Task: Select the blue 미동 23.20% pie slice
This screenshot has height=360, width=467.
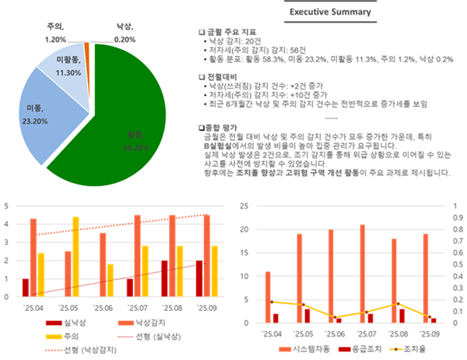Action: point(54,117)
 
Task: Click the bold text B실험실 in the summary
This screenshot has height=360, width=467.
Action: point(220,145)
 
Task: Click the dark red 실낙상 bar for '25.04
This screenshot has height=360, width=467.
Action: point(25,287)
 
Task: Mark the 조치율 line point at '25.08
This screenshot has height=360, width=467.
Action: point(398,304)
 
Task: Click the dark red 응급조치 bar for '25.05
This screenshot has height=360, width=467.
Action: point(307,315)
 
